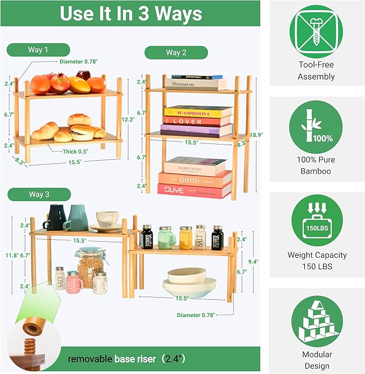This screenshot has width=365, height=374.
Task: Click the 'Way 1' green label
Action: pos(38,50)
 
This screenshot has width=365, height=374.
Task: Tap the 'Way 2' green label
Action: pos(176,52)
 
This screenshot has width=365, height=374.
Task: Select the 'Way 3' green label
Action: pos(39,194)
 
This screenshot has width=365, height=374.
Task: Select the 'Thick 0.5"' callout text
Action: pos(75,152)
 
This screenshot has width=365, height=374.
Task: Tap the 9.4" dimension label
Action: pos(253,262)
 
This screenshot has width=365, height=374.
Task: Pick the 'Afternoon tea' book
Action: pos(196,84)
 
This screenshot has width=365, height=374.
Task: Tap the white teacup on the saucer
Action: pos(108,218)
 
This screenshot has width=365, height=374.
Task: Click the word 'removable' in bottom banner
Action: pos(90,358)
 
